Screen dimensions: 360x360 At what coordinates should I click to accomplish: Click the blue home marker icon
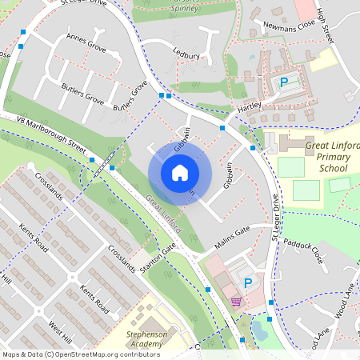point(180,172)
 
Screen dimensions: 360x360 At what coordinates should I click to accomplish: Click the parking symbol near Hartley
point(283,82)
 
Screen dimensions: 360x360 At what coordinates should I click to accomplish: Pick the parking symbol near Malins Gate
point(248,282)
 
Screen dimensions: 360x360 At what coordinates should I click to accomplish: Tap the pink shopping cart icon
point(236,301)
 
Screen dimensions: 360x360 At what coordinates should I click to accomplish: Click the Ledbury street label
point(186,54)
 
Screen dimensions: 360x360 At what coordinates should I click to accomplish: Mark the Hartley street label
point(249,106)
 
